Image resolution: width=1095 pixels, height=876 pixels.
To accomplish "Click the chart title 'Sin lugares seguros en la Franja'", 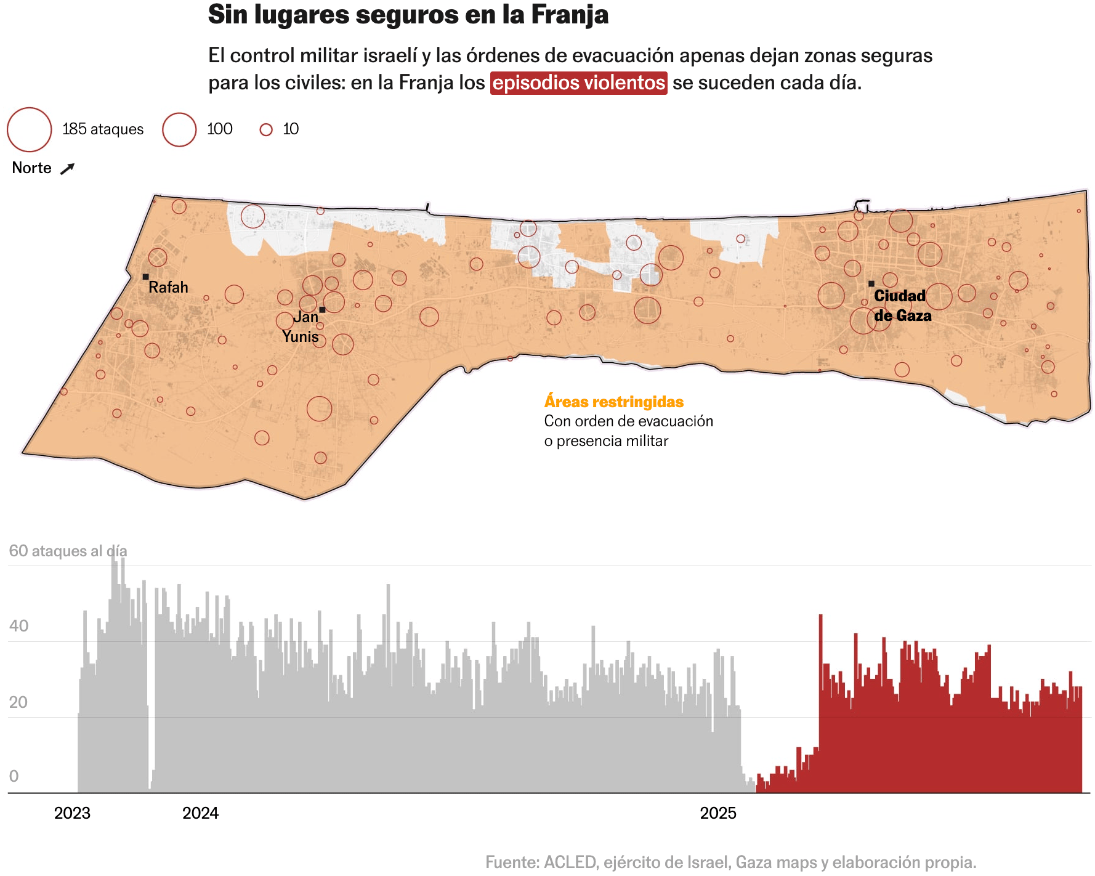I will coord(408,15).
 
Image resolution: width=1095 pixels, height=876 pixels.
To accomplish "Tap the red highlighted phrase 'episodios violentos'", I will coord(578,83).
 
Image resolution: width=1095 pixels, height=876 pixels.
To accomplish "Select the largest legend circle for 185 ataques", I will coord(29,129).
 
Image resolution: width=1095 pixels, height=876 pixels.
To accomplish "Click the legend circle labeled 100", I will coord(179,129).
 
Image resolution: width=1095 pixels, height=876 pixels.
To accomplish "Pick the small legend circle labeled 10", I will coord(266,129).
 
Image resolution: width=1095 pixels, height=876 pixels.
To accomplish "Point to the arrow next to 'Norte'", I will coord(67,168).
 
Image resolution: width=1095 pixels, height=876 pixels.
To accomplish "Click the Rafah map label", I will coord(168,287).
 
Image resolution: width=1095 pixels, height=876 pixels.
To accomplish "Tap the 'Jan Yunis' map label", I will coord(301,326).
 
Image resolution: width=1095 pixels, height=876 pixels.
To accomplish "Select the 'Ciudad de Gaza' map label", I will coord(902,306).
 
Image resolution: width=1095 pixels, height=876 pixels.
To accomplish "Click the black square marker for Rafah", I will coord(145,277).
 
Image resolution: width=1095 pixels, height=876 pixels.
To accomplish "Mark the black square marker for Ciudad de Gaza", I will coord(871,284).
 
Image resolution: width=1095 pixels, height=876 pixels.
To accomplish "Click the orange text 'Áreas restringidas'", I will coord(613,402).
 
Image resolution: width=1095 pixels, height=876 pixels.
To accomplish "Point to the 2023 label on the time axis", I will coord(72,813).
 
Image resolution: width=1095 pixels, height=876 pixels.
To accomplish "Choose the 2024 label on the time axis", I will coord(200,813).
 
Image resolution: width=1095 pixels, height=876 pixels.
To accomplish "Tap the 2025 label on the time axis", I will coord(718,813).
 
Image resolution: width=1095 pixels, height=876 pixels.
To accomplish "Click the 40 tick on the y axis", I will coord(18,627).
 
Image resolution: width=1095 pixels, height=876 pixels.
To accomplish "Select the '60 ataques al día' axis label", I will coord(68,551).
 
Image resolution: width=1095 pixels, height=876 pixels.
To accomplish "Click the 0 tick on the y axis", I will coord(14,776).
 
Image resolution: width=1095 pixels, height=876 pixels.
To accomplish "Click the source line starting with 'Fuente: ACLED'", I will coord(730,862).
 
